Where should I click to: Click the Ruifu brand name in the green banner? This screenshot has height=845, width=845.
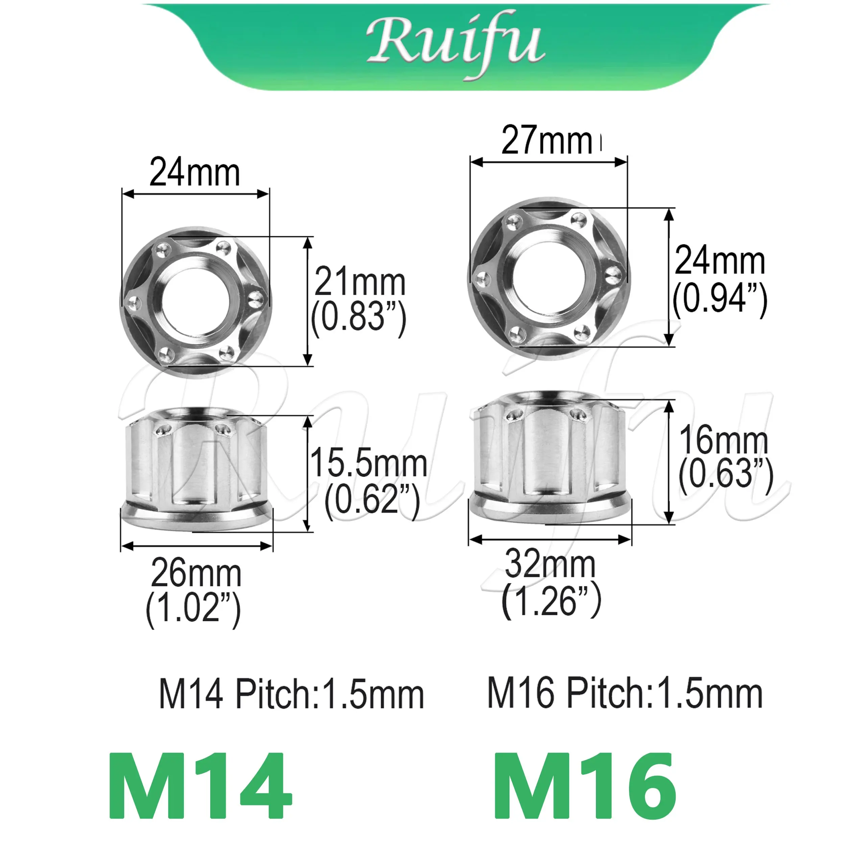(x=455, y=46)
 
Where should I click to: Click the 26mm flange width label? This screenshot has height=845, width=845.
(x=196, y=574)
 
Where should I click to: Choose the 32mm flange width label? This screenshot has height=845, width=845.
(x=550, y=564)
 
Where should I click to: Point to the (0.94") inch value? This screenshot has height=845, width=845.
(x=720, y=299)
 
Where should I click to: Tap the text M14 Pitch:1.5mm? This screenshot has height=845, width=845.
(x=291, y=695)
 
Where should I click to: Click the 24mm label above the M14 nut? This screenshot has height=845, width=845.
(x=195, y=173)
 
